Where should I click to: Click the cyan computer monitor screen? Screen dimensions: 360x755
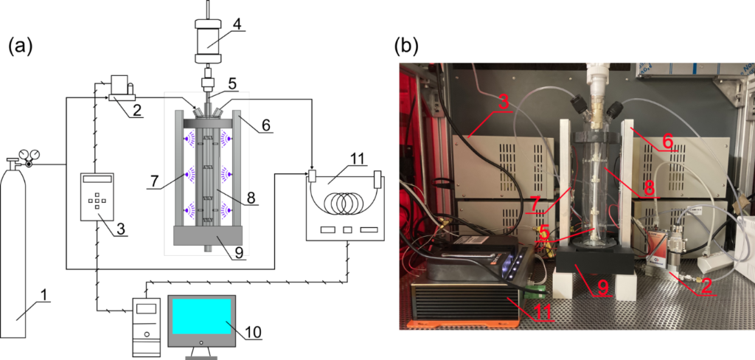pyautogui.click(x=201, y=316)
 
